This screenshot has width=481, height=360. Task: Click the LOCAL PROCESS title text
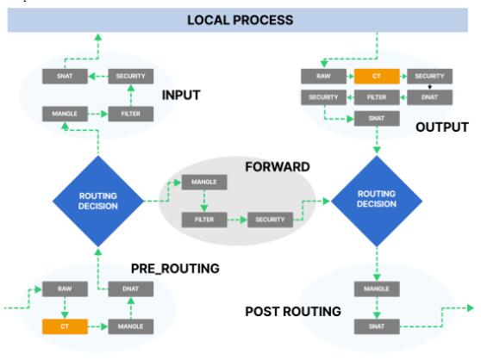tap(240, 20)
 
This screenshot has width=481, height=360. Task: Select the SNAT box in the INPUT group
tap(65, 77)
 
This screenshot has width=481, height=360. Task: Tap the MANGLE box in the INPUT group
tap(65, 114)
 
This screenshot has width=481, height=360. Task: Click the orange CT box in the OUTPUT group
tap(377, 77)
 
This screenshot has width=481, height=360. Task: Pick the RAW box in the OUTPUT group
tap(323, 77)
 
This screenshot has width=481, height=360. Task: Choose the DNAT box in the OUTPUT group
tap(429, 97)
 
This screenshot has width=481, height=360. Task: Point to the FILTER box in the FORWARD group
tap(204, 220)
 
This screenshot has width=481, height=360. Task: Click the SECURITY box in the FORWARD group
tap(271, 220)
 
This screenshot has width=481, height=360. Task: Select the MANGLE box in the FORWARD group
tap(204, 183)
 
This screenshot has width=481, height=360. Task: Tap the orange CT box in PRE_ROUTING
tap(65, 326)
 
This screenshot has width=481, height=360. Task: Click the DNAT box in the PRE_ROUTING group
tap(131, 289)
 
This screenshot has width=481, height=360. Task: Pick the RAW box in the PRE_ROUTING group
tap(65, 289)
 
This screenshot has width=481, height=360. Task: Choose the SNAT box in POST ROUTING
tap(377, 326)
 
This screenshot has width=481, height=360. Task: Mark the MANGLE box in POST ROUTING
tap(377, 289)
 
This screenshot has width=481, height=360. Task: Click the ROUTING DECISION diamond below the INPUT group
tap(98, 201)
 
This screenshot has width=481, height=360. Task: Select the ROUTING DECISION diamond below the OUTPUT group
tap(377, 201)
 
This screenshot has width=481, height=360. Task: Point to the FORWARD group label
tap(278, 167)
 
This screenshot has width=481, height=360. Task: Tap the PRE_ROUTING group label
tap(175, 269)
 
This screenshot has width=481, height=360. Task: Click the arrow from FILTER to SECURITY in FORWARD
tap(237, 220)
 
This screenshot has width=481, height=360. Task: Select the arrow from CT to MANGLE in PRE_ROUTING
tap(98, 326)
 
